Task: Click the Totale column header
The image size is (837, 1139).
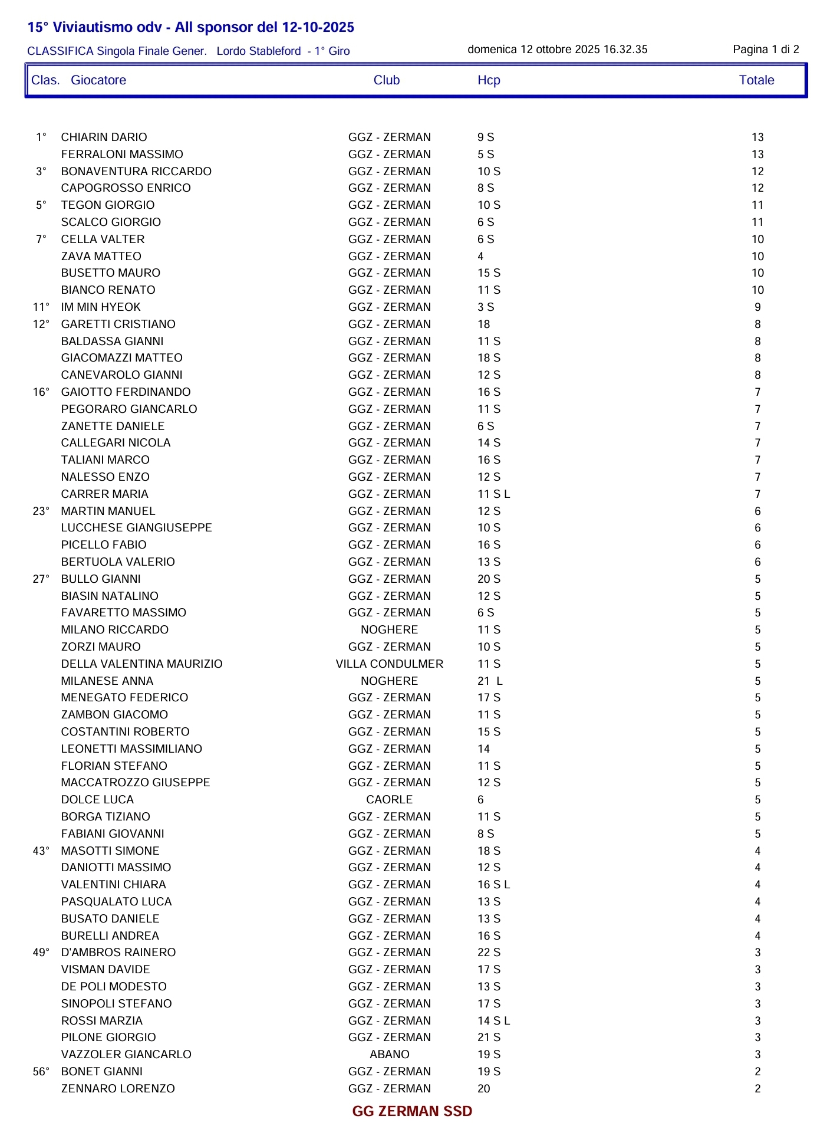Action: [756, 80]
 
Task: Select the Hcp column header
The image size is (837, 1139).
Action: [489, 80]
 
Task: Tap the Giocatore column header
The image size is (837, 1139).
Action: [98, 80]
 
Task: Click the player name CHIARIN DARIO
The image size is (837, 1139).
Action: [104, 137]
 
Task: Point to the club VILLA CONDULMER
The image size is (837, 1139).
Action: [389, 664]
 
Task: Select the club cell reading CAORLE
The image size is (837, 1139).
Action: [389, 800]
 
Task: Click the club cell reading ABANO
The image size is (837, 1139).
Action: [389, 1055]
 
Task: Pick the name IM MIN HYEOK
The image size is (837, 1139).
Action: [101, 307]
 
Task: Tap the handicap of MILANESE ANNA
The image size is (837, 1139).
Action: [489, 681]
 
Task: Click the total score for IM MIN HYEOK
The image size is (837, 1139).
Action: [757, 307]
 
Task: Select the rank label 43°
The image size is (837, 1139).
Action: [41, 851]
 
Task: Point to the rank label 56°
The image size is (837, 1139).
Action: [41, 1072]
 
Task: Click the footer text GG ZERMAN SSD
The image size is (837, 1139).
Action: [412, 1112]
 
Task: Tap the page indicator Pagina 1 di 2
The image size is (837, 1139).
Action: [766, 50]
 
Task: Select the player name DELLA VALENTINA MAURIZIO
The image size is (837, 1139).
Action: [141, 664]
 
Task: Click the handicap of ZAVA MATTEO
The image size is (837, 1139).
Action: [480, 257]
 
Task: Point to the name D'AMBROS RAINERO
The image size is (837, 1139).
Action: [118, 953]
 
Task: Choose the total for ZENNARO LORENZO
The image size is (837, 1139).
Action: [757, 1089]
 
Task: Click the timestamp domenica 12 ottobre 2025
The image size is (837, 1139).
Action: [557, 50]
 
